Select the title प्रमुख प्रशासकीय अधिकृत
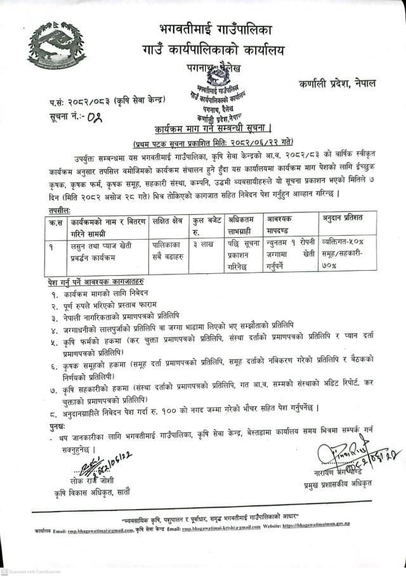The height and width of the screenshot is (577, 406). [x=336, y=467]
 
